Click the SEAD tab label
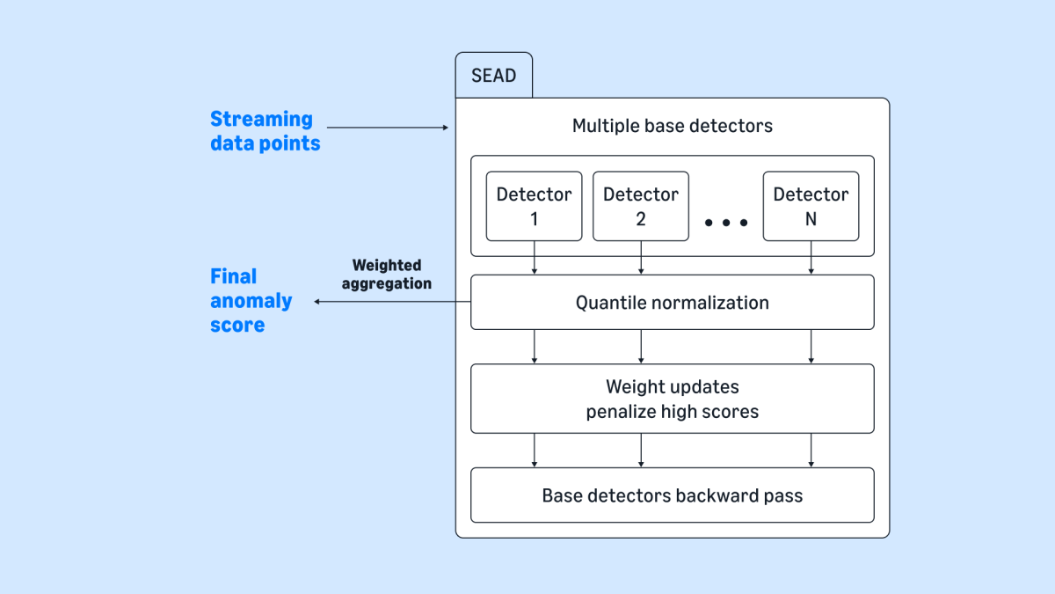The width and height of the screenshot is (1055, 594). click(x=493, y=76)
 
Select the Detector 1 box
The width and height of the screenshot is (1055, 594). click(x=534, y=206)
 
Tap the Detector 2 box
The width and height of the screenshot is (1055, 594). click(x=640, y=206)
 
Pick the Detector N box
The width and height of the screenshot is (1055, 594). click(x=811, y=206)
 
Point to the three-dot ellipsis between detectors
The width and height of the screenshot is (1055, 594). click(x=725, y=223)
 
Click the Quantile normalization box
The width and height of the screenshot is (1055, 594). click(x=672, y=303)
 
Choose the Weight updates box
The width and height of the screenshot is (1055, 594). click(x=672, y=399)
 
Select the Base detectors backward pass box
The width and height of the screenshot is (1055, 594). click(x=672, y=495)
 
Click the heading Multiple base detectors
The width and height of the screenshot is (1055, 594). click(x=672, y=126)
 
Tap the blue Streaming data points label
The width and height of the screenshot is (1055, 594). click(x=265, y=131)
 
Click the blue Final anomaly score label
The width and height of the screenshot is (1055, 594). click(x=251, y=301)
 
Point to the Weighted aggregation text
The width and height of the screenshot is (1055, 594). click(x=387, y=275)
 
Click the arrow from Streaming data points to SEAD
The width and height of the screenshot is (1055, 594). click(x=388, y=128)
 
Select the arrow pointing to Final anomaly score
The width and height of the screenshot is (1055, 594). click(x=392, y=302)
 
